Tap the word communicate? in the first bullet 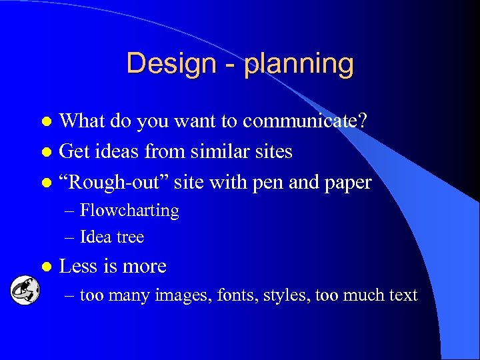pyautogui.click(x=307, y=121)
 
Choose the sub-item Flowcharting pyautogui.click(x=129, y=211)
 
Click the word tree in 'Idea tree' pyautogui.click(x=130, y=237)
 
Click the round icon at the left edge pyautogui.click(x=24, y=291)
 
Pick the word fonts pyautogui.click(x=231, y=295)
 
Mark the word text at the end pyautogui.click(x=403, y=295)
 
